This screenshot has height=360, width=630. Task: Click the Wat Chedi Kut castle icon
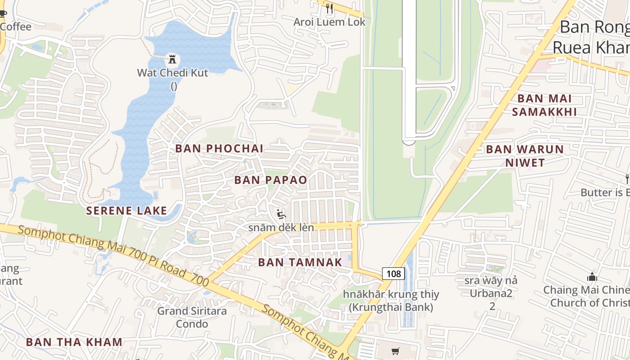[172, 58]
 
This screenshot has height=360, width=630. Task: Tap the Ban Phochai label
[219, 148]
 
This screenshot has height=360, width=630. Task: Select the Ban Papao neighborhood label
[270, 180]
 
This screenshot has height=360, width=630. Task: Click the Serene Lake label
[126, 211]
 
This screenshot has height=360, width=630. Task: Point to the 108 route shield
[394, 273]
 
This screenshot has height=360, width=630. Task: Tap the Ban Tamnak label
[300, 262]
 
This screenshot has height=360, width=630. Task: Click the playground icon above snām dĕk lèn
[281, 214]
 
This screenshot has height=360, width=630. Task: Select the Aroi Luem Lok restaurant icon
[329, 9]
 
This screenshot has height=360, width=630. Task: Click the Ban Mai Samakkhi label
[544, 105]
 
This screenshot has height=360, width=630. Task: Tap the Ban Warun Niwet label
[525, 156]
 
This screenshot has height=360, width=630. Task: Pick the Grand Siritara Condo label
[192, 317]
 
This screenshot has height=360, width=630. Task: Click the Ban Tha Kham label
[74, 342]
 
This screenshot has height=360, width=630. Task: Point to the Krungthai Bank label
[391, 301]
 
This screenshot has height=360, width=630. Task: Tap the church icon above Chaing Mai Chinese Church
[592, 277]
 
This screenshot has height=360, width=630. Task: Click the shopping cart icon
[396, 351]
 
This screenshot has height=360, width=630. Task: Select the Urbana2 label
[492, 293]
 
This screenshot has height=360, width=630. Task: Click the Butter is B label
[604, 193]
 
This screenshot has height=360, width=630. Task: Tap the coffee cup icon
[3, 13]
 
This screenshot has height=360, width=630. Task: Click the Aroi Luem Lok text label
[329, 22]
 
